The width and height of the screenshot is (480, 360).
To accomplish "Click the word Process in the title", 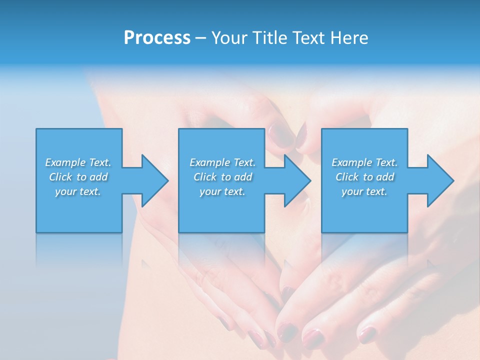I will (157, 38).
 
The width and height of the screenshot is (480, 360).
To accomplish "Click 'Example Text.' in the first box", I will (78, 162).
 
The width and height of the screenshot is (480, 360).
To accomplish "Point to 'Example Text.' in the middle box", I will (222, 162).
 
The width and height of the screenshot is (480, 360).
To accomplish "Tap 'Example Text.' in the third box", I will (364, 162).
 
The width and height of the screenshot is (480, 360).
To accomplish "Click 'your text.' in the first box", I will (78, 191).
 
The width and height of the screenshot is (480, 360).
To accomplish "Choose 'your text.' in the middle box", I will (222, 191).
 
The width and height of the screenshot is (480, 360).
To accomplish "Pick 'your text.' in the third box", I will (364, 191).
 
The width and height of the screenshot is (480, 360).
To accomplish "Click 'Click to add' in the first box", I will (78, 177).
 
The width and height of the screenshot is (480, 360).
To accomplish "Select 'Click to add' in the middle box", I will (222, 177).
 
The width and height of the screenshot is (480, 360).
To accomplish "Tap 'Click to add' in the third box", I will (364, 177).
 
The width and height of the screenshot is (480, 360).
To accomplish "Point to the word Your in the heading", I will (228, 38).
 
